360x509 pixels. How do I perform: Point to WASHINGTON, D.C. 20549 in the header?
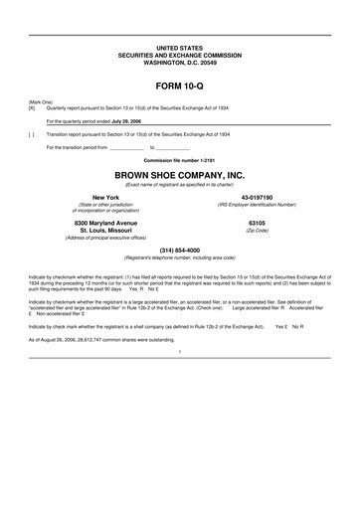coord(179,62)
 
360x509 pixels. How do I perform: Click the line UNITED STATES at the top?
coord(179,47)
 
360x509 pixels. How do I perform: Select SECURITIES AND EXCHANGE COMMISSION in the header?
coord(179,54)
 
